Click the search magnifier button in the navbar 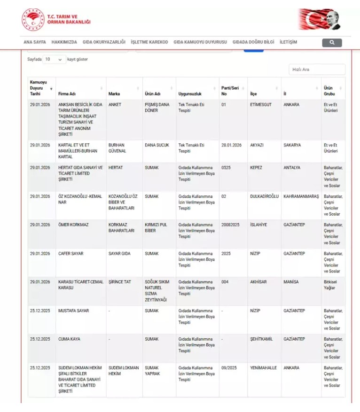tap(332, 43)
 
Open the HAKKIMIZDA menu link tap(64, 42)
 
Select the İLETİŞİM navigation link tap(288, 42)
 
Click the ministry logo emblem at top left tap(33, 20)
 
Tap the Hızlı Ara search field tap(317, 70)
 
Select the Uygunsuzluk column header tap(190, 94)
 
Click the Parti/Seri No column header tap(230, 91)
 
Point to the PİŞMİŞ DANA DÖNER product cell tap(157, 108)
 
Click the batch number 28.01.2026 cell tap(231, 145)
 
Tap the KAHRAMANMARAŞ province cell tap(301, 196)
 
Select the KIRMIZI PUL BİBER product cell tap(156, 228)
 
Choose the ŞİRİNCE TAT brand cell tap(120, 282)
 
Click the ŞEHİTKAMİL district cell tap(261, 339)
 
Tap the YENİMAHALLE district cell tap(264, 368)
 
